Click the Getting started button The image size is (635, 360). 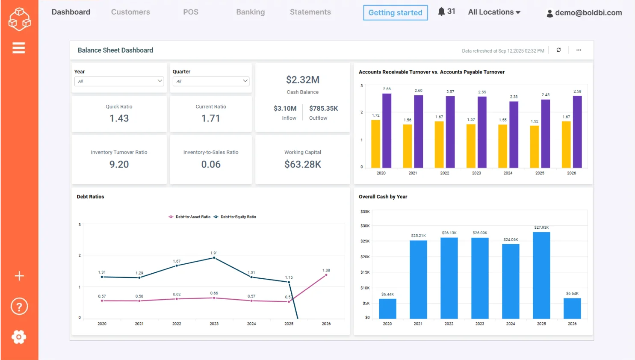(395, 13)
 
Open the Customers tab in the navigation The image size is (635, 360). (130, 12)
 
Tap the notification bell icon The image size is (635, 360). (441, 12)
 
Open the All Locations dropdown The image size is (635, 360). (494, 12)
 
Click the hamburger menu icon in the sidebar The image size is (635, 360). (19, 48)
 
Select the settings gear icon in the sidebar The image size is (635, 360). (19, 337)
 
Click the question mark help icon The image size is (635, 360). (19, 307)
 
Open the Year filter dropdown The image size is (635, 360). (119, 81)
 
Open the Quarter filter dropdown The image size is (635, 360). (211, 81)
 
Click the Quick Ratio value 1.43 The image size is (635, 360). (119, 118)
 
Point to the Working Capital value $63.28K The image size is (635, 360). (302, 165)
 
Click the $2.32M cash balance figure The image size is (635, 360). (302, 80)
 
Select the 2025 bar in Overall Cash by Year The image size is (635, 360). (541, 275)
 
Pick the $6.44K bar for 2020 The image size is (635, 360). (387, 308)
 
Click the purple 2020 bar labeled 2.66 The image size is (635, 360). (387, 130)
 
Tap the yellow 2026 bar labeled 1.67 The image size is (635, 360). (566, 144)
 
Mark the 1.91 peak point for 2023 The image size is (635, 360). (214, 258)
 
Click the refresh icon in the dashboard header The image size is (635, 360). (558, 50)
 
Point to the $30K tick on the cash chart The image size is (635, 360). (365, 226)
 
